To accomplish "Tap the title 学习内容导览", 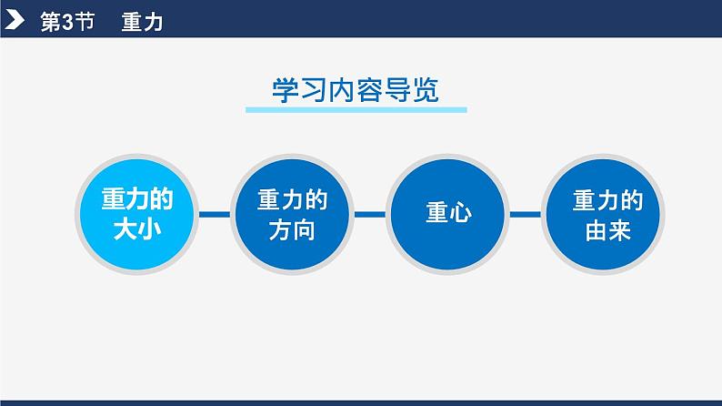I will [x=356, y=90].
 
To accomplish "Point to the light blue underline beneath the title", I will [x=356, y=110].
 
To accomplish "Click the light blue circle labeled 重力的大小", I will [x=136, y=215].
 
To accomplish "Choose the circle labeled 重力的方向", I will [x=292, y=215].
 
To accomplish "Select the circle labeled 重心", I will [x=446, y=215].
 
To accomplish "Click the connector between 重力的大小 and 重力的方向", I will [x=215, y=215].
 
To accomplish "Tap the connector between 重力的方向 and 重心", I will [x=369, y=215].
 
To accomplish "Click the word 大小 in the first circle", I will [x=136, y=229].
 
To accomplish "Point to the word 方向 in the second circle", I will [x=292, y=229].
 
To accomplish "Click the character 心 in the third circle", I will [x=459, y=215].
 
